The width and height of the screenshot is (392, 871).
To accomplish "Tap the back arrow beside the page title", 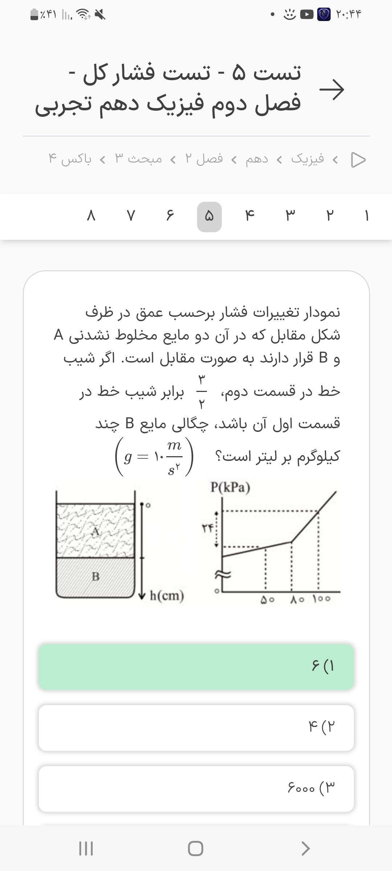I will (x=331, y=89).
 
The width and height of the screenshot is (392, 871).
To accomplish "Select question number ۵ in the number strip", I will (x=209, y=217).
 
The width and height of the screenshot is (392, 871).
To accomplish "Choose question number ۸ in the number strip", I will (x=91, y=217).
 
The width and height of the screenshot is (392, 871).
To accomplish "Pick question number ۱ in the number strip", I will (x=367, y=217).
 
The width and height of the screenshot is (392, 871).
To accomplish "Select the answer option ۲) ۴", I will (x=196, y=728).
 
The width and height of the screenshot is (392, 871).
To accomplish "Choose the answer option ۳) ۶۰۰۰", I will (x=196, y=789).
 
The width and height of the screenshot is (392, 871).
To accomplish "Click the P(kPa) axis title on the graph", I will (x=230, y=487).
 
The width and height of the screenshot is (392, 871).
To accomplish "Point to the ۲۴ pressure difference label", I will (x=207, y=528).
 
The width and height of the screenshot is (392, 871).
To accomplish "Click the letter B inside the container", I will (x=95, y=576).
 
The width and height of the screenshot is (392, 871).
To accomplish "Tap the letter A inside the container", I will (x=95, y=532).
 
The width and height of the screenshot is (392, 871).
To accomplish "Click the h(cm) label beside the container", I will (x=167, y=596).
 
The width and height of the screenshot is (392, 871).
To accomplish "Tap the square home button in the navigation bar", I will (x=196, y=848).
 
